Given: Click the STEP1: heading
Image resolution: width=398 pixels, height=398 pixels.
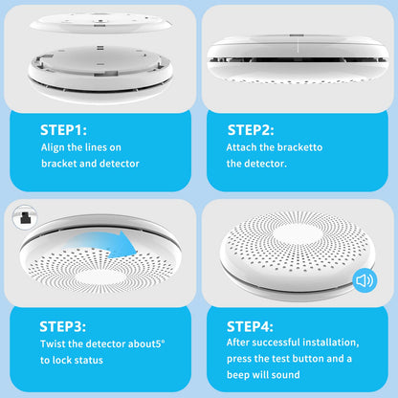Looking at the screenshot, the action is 63,130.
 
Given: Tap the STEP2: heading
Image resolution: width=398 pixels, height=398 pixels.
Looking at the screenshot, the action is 251,130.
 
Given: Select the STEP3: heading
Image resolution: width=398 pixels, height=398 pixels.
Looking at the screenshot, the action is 63,326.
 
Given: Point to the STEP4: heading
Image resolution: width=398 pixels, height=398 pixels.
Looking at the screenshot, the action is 250,326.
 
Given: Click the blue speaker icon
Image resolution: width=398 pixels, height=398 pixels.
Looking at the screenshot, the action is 365,280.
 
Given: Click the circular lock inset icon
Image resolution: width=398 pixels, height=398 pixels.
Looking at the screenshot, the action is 25,217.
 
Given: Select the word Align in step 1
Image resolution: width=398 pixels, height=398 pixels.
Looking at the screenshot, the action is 53,147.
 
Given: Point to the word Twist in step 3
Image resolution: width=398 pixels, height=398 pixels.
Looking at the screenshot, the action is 53,343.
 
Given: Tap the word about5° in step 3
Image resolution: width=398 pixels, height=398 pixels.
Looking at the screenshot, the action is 146,343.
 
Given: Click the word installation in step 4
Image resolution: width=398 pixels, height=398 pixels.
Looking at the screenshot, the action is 331,343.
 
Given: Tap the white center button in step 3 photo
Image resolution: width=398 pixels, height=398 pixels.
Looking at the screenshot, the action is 100,277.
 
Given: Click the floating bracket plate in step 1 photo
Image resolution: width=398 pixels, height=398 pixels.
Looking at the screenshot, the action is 101,22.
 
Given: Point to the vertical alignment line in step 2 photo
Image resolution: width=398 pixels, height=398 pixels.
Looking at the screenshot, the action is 298,46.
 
